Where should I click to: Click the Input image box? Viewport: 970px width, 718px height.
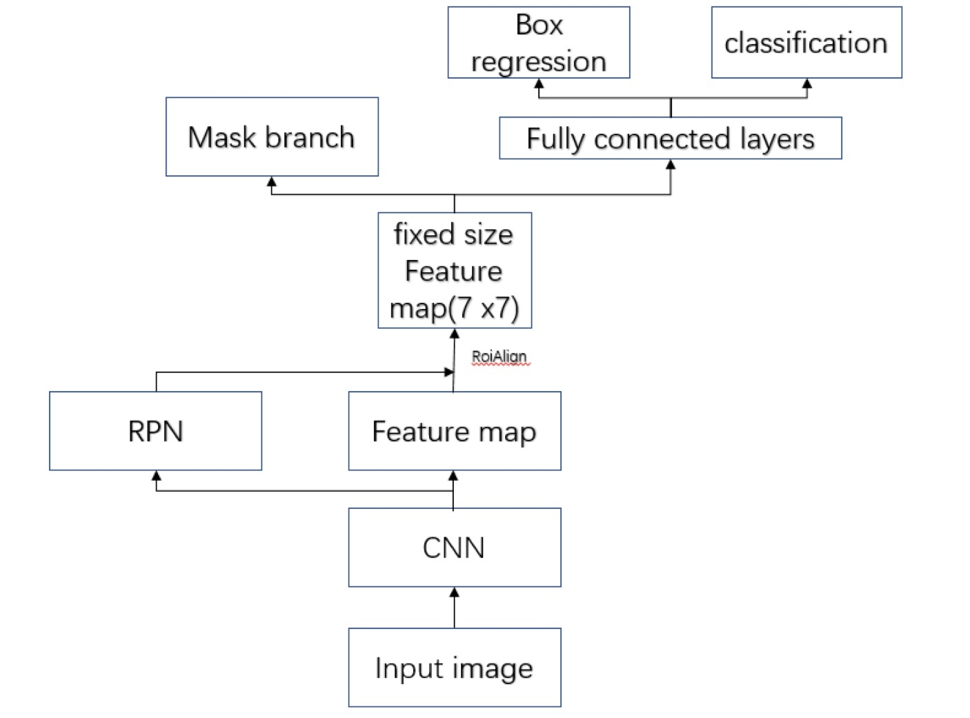[455, 667]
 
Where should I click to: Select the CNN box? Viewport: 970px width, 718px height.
[455, 547]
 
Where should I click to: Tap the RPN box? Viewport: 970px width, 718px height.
[156, 430]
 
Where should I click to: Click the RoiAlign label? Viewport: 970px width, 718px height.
[499, 357]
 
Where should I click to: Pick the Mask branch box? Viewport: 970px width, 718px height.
[272, 137]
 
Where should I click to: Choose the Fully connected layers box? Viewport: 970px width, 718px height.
[671, 138]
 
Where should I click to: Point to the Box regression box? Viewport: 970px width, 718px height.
[539, 42]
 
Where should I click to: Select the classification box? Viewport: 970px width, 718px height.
[806, 42]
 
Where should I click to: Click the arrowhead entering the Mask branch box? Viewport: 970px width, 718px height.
[272, 181]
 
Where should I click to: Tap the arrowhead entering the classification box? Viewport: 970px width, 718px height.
[807, 83]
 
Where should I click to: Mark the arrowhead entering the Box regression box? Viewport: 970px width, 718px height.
[539, 83]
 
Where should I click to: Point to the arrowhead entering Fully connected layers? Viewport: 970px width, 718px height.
[671, 164]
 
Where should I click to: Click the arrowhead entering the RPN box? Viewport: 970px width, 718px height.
[156, 476]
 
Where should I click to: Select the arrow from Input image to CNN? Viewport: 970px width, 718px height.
[455, 608]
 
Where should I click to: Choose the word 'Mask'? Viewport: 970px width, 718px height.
[221, 137]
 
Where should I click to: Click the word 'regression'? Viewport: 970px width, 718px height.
[539, 61]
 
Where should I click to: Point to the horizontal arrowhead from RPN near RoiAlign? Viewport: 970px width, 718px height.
[448, 372]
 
